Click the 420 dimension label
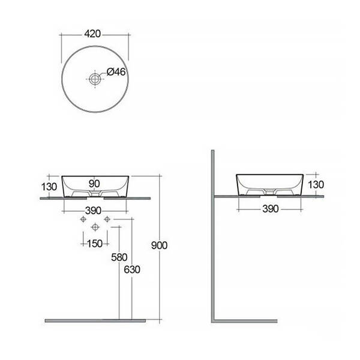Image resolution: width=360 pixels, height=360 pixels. coord(92,34)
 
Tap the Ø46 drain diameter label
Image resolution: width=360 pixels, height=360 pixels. coord(116,72)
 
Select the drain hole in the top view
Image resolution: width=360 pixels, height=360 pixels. coord(95,79)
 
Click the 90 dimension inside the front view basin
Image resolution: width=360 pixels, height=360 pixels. coord(94,184)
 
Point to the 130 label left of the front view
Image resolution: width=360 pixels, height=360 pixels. coord(49,187)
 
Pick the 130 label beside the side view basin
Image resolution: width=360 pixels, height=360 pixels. coord(316,184)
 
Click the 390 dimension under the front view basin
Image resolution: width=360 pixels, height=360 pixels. coord(93,211)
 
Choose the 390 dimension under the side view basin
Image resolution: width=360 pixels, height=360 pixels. coord(271,209)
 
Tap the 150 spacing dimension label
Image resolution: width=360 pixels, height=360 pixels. coord(95,244)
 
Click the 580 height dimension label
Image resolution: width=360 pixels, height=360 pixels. coord(119,257)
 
